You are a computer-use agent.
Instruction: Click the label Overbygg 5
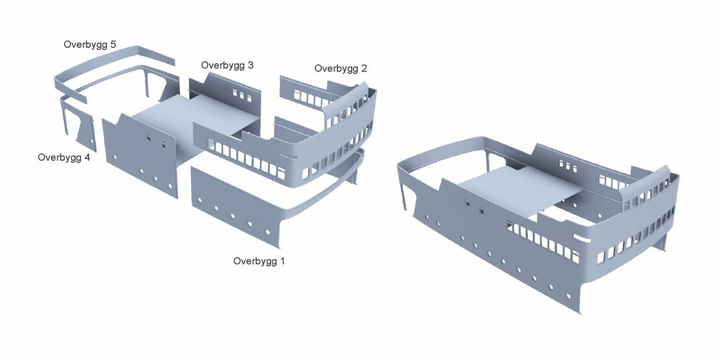point(89,45)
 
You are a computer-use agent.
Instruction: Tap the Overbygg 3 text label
point(227,66)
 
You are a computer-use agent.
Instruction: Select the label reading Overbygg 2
point(340,69)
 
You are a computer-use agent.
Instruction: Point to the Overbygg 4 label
point(64,158)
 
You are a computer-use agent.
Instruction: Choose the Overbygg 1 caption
point(259,261)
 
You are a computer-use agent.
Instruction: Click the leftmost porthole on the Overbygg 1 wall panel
point(200,200)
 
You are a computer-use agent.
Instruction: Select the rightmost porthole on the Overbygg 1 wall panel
point(268,232)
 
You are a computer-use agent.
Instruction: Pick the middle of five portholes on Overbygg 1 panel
point(232,215)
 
